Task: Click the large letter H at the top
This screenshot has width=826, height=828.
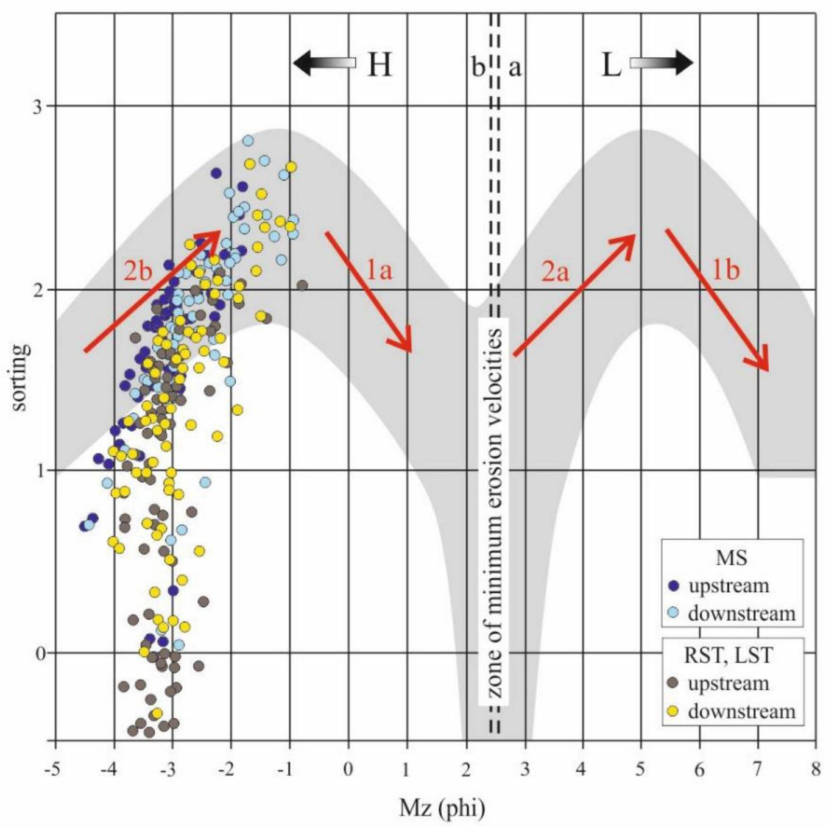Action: pos(379,64)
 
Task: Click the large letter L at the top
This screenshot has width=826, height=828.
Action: pos(611,64)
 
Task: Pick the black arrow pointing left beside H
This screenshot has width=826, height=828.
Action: pos(323,63)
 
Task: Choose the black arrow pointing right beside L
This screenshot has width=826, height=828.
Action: pos(662,63)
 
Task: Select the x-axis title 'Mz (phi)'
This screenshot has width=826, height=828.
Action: pos(442,808)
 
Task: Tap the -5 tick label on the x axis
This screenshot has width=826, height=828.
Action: pos(53,769)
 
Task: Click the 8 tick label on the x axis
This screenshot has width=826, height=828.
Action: pos(816,769)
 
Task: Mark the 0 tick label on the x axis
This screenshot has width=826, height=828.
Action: pos(348,769)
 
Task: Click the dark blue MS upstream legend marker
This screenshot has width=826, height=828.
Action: pos(673,586)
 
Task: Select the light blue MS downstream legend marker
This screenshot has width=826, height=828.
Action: pos(673,612)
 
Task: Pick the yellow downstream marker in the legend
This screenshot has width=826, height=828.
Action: pos(673,710)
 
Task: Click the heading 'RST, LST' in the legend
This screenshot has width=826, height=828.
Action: pos(729,656)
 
